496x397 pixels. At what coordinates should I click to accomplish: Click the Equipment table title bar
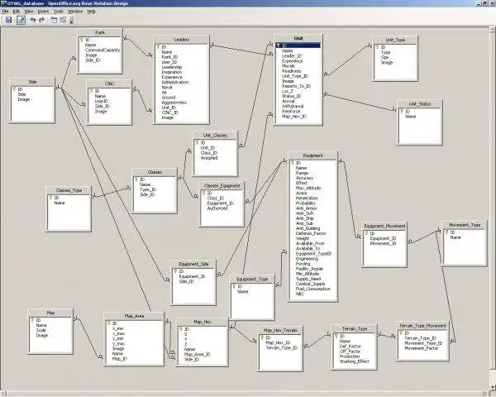(x=313, y=155)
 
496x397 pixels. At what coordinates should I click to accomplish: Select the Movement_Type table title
(x=464, y=224)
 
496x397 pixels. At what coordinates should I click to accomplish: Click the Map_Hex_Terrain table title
(x=280, y=329)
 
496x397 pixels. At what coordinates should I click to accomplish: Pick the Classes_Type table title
(x=68, y=189)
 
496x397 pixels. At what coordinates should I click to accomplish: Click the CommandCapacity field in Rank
(x=104, y=50)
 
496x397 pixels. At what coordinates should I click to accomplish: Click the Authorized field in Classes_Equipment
(x=217, y=208)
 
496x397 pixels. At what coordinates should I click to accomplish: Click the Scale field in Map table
(x=41, y=330)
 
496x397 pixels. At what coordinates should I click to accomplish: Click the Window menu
(x=74, y=12)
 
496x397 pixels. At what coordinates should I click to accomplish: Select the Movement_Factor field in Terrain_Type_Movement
(x=422, y=348)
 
